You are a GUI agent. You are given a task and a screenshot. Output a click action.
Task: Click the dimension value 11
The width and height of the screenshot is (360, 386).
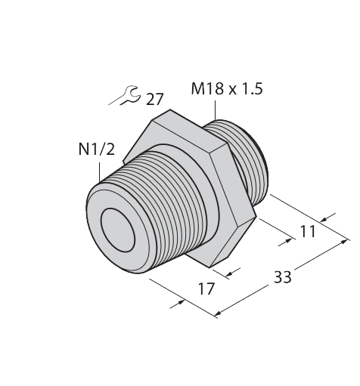[x=308, y=232]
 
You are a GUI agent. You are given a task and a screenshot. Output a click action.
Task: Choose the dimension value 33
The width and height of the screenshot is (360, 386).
[x=283, y=276]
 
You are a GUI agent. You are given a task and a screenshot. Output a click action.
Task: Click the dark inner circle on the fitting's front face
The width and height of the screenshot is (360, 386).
[x=118, y=224]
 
